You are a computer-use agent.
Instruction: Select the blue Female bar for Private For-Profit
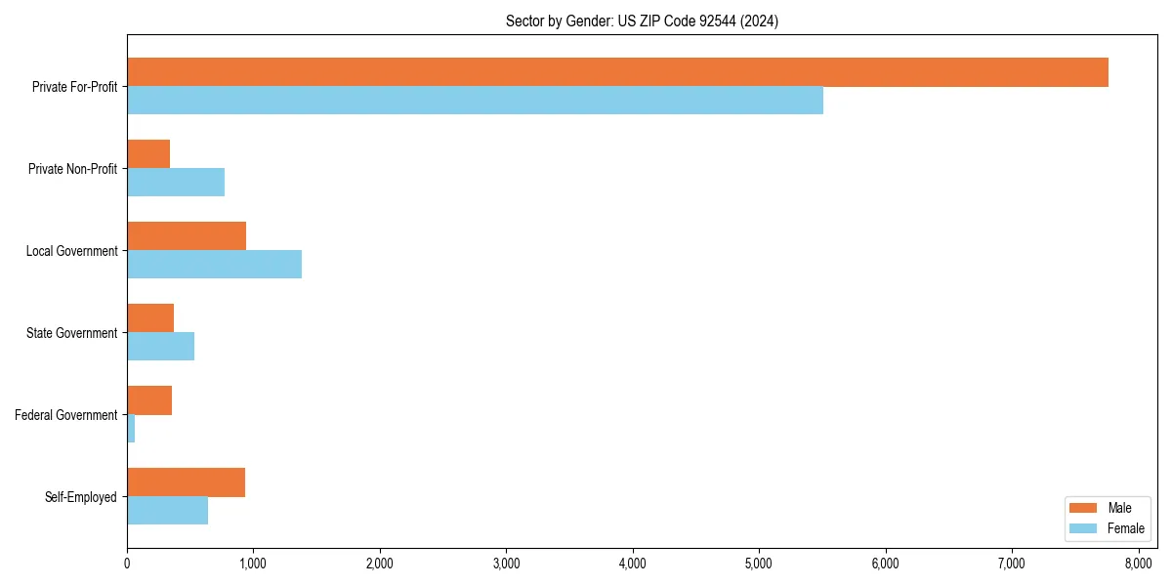(x=475, y=101)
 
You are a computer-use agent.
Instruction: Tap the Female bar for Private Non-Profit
(x=176, y=183)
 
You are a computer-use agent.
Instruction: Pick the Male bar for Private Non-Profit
(x=148, y=154)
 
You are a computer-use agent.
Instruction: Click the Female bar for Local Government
(x=214, y=265)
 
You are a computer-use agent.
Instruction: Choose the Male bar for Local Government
(x=187, y=236)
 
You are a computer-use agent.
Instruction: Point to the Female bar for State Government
(x=160, y=347)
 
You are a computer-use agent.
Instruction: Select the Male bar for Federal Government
(x=149, y=400)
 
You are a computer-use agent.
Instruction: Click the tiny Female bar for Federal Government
(x=131, y=429)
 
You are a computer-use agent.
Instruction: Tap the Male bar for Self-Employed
(x=186, y=482)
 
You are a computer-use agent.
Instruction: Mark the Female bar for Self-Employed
(x=167, y=511)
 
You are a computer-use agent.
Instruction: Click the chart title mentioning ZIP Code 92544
(x=642, y=21)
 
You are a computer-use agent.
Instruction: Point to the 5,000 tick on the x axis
(x=759, y=563)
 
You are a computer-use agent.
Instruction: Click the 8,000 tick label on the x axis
(x=1138, y=563)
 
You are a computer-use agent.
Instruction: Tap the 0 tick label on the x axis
(x=127, y=563)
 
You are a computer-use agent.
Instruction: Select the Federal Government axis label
(x=66, y=415)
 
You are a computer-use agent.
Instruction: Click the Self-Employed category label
(x=81, y=497)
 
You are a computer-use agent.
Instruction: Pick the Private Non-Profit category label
(x=73, y=169)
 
